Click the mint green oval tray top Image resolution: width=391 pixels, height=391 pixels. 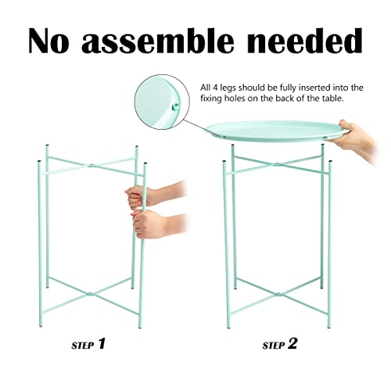(x=274, y=131)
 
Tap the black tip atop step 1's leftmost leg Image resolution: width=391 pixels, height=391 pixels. (x=48, y=145)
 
